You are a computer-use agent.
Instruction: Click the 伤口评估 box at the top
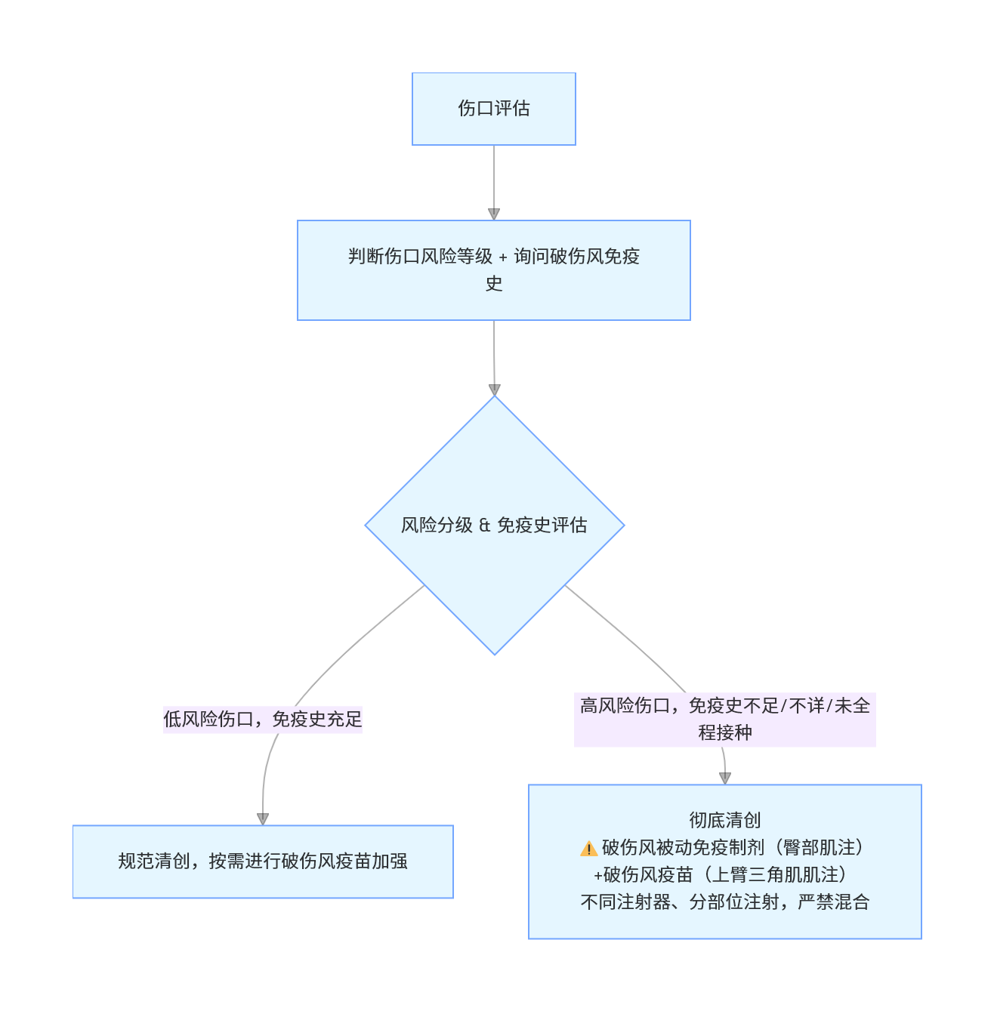[x=493, y=109]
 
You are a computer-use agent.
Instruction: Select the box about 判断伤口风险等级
[x=493, y=270]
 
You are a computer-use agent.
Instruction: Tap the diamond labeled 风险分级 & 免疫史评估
[x=494, y=526]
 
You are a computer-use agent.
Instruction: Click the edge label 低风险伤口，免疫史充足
[x=263, y=720]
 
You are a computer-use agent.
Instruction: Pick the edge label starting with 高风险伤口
[x=724, y=720]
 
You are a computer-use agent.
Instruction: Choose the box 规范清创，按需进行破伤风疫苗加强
[x=263, y=862]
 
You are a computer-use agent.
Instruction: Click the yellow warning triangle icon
[x=588, y=849]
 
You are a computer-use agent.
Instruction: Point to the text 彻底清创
[x=724, y=820]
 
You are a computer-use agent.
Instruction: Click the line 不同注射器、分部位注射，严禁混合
[x=724, y=902]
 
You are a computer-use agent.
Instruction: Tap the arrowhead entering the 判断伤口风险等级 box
[x=493, y=214]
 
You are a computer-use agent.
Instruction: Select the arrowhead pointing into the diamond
[x=494, y=390]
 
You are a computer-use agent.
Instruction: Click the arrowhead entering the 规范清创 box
[x=263, y=819]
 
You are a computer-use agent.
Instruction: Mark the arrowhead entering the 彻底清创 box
[x=724, y=778]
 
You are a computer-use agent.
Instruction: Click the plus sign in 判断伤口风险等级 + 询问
[x=503, y=257]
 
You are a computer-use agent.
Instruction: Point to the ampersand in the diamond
[x=485, y=526]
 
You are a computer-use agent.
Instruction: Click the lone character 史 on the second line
[x=493, y=284]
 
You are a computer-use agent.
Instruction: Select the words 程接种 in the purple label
[x=724, y=733]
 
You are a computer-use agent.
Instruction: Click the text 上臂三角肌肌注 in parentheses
[x=775, y=874]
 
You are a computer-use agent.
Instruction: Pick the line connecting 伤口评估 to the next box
[x=493, y=177]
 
